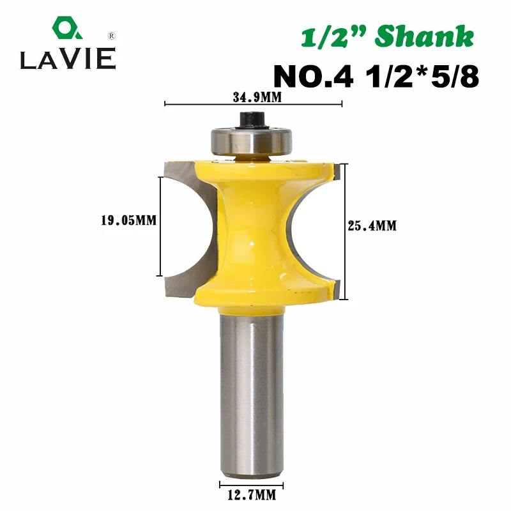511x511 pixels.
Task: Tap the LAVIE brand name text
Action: [68, 59]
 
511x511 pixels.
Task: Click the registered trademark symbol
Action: [111, 36]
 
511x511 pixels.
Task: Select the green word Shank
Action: [424, 36]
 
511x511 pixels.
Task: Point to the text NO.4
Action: [313, 76]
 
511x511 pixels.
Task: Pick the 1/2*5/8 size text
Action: [422, 76]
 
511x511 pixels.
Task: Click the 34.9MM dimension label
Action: [257, 97]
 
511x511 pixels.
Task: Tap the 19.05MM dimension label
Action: [129, 220]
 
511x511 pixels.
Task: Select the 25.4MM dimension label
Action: [372, 226]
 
